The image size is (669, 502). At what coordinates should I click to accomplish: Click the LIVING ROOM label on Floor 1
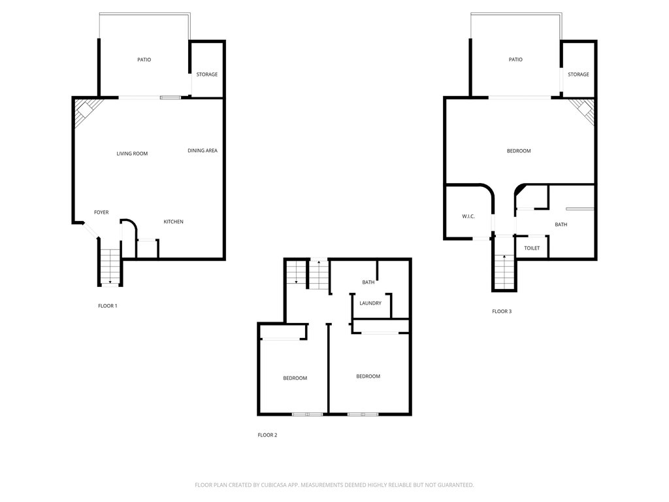(x=132, y=154)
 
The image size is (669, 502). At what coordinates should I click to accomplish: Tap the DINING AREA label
(x=203, y=151)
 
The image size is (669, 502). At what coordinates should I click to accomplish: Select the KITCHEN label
(x=173, y=222)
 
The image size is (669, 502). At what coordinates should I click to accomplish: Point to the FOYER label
(x=101, y=212)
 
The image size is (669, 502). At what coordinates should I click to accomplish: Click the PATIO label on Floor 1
(x=144, y=59)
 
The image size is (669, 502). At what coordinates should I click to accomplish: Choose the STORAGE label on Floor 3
(x=578, y=75)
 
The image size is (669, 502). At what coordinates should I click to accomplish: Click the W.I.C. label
(x=468, y=216)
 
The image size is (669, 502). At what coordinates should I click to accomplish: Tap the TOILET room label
(x=532, y=248)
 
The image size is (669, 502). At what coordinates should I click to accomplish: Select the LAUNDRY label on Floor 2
(x=370, y=303)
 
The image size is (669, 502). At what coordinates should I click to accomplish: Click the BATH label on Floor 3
(x=561, y=225)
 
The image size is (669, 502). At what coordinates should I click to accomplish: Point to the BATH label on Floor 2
(x=368, y=282)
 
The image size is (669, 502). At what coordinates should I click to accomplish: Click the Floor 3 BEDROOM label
(x=519, y=151)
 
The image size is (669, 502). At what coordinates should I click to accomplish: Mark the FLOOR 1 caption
(x=107, y=305)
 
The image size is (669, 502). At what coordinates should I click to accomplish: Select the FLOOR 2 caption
(x=267, y=435)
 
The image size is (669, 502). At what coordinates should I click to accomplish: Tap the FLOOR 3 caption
(x=502, y=311)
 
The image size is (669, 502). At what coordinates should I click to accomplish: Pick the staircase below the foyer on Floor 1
(x=110, y=267)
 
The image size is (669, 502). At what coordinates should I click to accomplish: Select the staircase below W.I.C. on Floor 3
(x=504, y=271)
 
